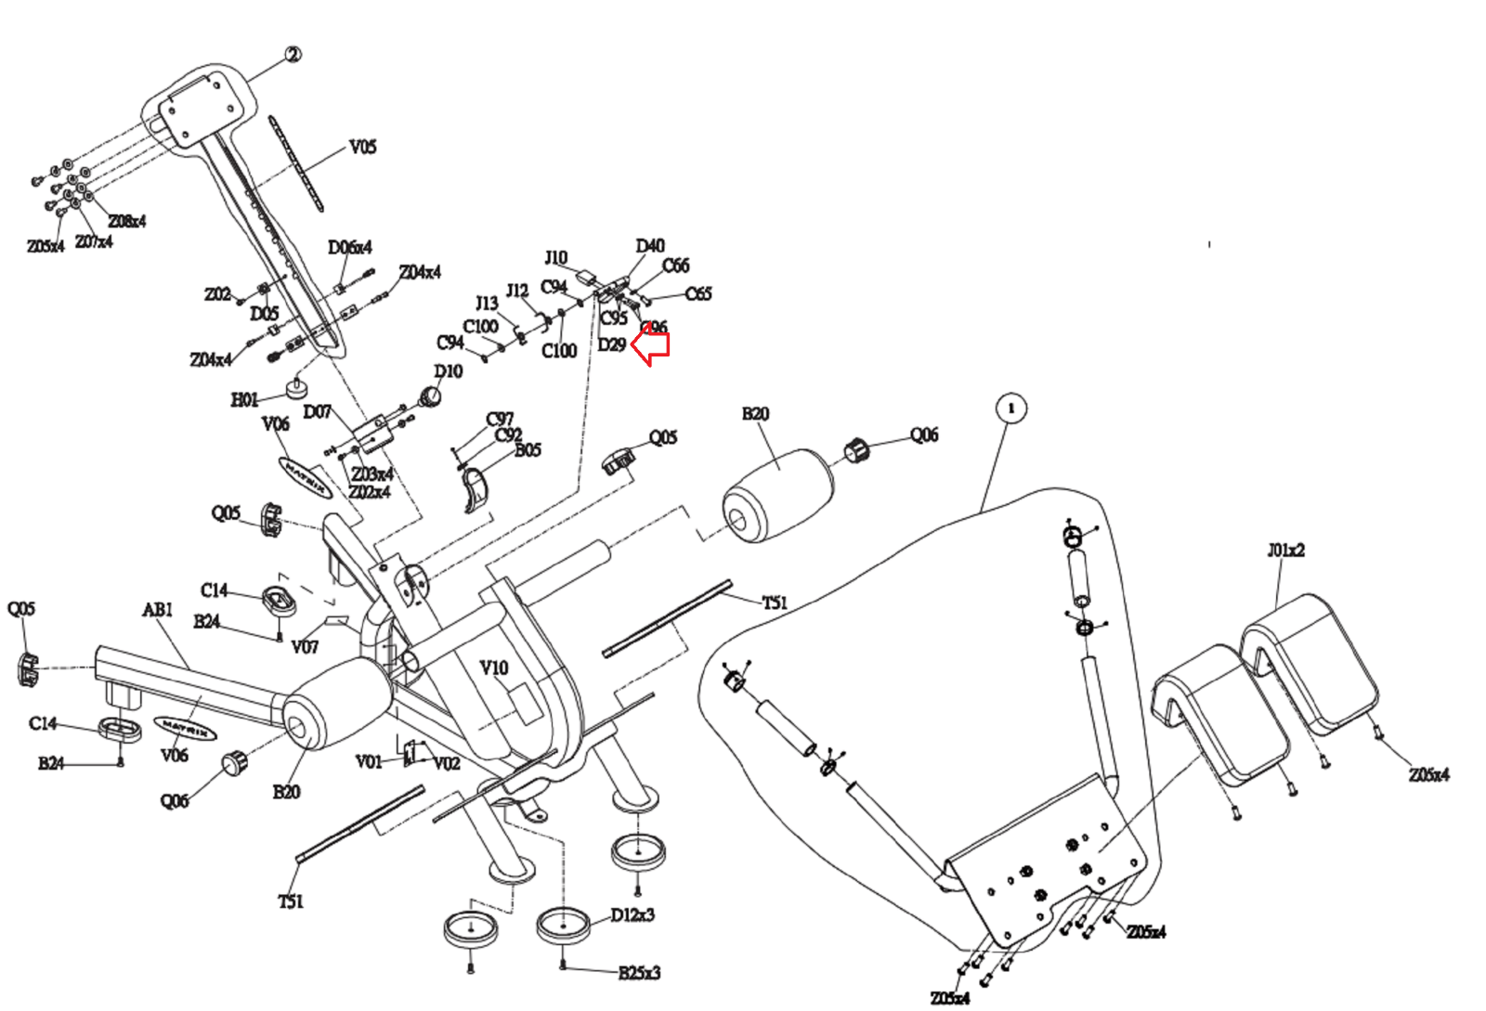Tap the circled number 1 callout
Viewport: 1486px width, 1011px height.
[x=1011, y=408]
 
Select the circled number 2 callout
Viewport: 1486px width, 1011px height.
[x=293, y=55]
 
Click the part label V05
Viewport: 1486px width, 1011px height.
[x=362, y=147]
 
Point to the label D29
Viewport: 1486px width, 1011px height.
[x=611, y=345]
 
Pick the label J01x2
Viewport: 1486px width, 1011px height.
[x=1285, y=550]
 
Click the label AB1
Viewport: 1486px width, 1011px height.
[x=158, y=610]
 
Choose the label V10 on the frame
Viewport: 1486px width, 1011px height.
[x=494, y=668]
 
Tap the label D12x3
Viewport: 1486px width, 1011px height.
[x=632, y=914]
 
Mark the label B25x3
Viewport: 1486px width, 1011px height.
[x=639, y=973]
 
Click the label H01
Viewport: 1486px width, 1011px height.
[x=244, y=399]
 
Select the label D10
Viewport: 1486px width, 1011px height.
[x=449, y=371]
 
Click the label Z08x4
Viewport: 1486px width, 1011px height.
[x=127, y=221]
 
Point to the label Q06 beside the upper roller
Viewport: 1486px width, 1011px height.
[x=924, y=434]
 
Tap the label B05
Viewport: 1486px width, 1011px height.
[x=528, y=450]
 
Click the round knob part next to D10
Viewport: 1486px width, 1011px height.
[x=430, y=397]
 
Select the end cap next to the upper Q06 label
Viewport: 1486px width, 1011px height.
[x=855, y=451]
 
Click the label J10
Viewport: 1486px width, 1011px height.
[x=555, y=257]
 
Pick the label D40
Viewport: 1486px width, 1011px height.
[x=650, y=245]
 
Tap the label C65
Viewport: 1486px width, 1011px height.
[x=698, y=294]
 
